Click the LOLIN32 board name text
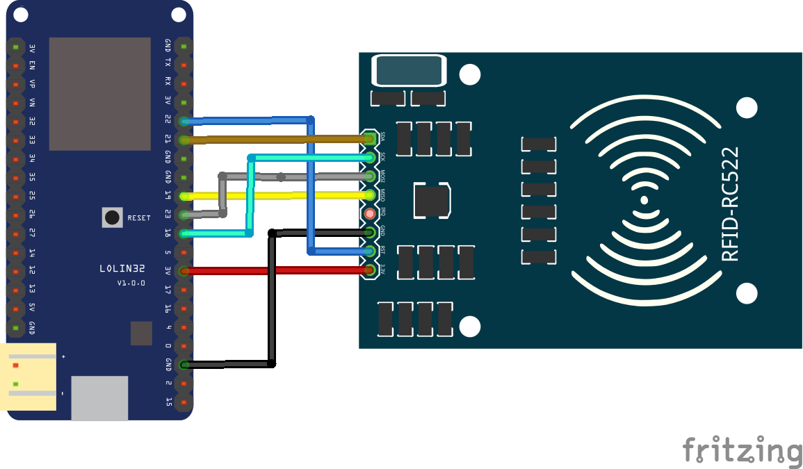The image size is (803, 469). (122, 268)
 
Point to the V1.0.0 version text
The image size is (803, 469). (131, 283)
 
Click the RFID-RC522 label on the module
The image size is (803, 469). (730, 204)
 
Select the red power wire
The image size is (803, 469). (278, 270)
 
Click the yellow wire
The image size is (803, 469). (278, 196)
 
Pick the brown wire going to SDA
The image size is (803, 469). (278, 140)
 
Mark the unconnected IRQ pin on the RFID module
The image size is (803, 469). (370, 214)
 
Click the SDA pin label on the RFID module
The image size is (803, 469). (382, 137)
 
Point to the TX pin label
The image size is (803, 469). (168, 63)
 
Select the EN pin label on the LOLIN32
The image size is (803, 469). (32, 65)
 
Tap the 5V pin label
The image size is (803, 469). (32, 308)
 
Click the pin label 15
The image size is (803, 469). (168, 401)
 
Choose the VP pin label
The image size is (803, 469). (32, 83)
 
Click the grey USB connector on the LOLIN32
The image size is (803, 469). (99, 398)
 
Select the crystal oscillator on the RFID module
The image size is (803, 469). (409, 71)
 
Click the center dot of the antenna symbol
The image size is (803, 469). (644, 200)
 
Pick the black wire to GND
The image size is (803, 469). (272, 299)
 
